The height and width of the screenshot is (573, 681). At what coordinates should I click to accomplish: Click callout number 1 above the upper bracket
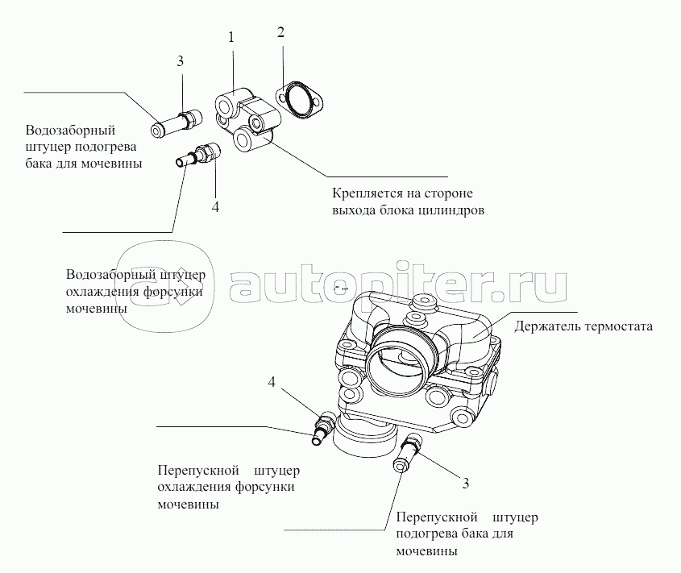(230, 38)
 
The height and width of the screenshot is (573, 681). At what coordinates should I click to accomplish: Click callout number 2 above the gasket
(280, 33)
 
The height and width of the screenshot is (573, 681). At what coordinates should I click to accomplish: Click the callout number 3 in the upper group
(181, 61)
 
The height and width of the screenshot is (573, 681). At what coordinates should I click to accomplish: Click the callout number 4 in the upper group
(215, 207)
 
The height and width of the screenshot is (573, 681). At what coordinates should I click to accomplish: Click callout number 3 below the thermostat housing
(465, 484)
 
